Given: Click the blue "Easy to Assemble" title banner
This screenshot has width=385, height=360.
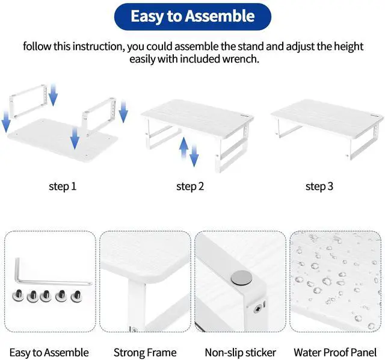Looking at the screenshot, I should tap(192, 16).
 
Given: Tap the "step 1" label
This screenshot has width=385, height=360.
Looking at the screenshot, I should tap(63, 186).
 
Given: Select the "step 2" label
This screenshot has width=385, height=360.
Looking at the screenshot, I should tap(190, 186).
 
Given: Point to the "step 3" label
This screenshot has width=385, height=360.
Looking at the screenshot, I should tap(319, 186).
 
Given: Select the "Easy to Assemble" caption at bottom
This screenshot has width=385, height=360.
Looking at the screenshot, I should tap(49, 352).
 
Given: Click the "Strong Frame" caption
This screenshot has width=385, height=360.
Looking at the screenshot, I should tap(145, 352).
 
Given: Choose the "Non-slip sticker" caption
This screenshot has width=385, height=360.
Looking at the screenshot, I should tap(240, 352).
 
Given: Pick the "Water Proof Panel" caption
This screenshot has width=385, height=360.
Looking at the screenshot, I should tap(335, 352).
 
